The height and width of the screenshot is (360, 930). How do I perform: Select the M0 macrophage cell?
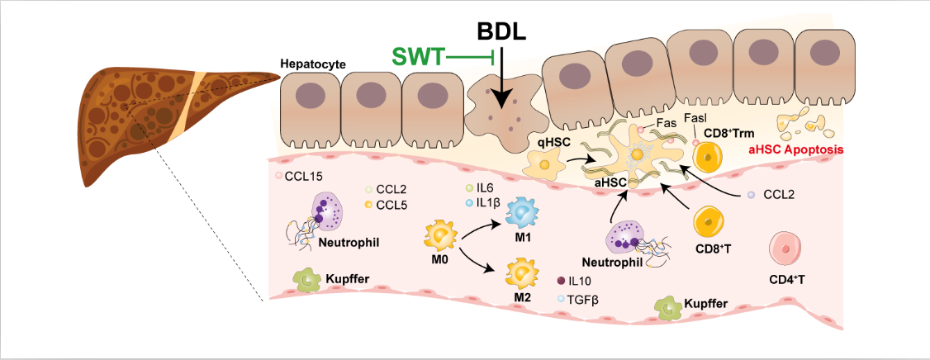(441, 236)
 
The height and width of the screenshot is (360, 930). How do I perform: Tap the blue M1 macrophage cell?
(522, 213)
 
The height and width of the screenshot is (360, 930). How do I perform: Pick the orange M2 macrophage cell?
(523, 272)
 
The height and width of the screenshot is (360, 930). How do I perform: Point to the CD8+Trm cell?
(708, 154)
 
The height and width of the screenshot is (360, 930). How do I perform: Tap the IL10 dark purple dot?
(562, 282)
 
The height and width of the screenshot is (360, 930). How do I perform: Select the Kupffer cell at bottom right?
(669, 307)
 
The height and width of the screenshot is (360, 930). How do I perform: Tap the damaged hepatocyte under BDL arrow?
(501, 116)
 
